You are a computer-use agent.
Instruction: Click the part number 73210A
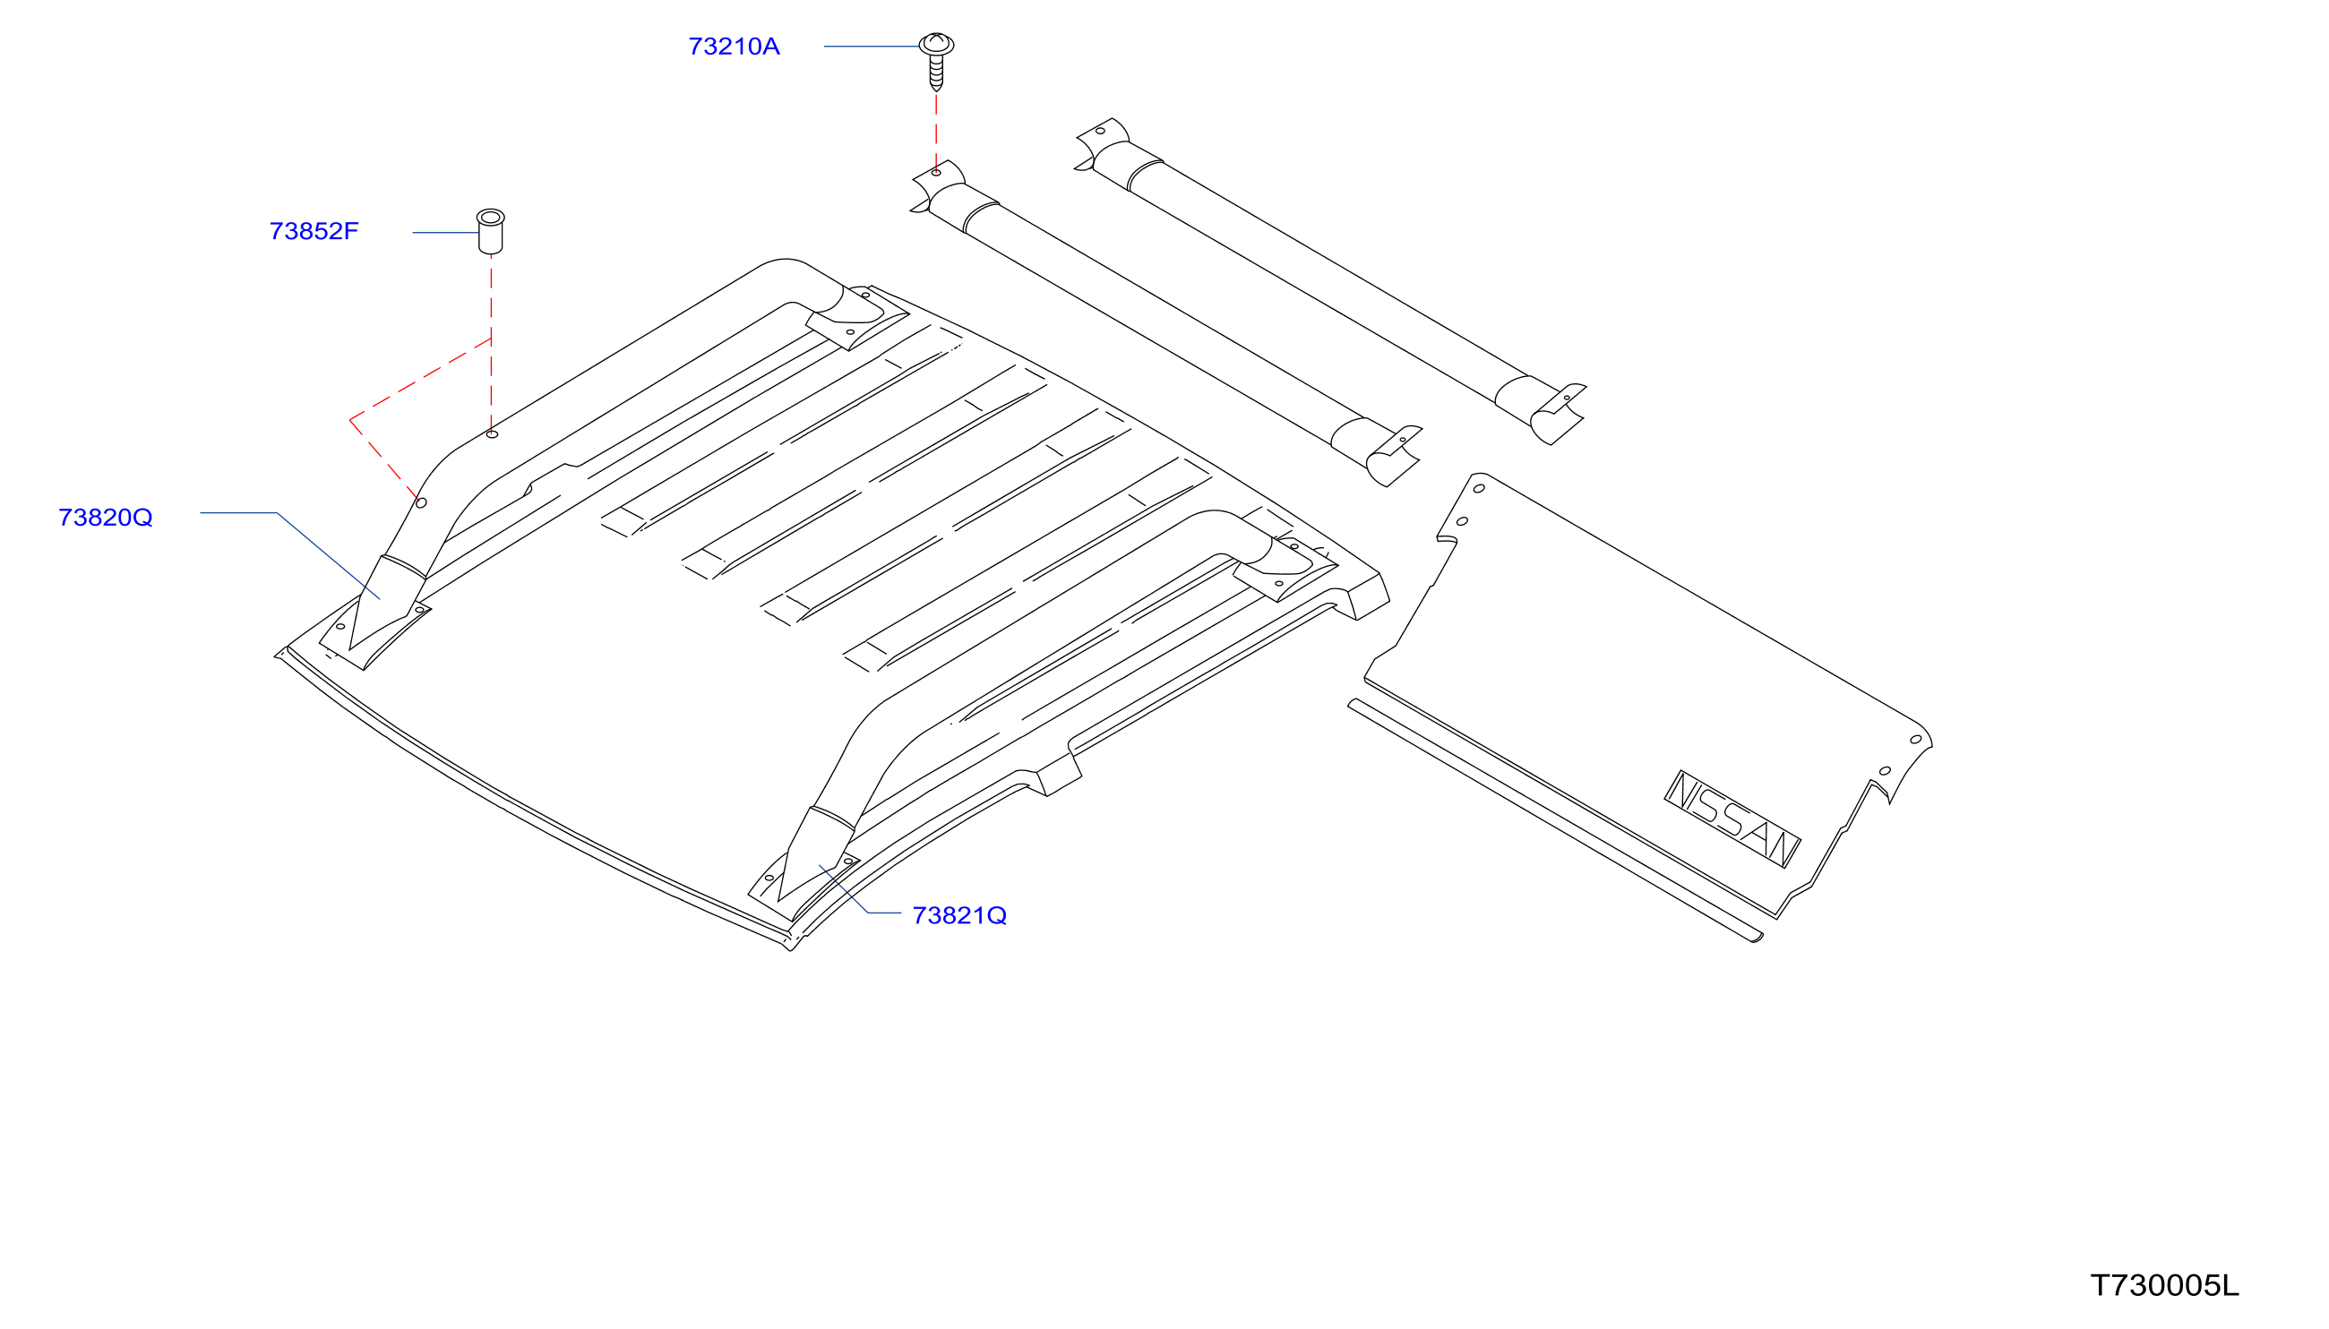[x=733, y=47]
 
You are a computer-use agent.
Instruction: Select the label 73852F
[x=314, y=231]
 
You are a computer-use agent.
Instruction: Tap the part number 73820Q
[x=105, y=518]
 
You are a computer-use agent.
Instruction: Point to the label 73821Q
[x=959, y=914]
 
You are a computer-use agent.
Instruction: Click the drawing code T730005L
[x=2164, y=1285]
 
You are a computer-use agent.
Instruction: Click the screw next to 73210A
[x=936, y=61]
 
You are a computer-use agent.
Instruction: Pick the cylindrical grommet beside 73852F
[x=490, y=232]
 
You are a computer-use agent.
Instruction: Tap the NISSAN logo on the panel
[x=1732, y=819]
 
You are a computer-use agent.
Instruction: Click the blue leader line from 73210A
[x=871, y=46]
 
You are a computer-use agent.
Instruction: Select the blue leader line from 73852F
[x=445, y=233]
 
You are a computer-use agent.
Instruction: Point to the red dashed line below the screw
[x=936, y=130]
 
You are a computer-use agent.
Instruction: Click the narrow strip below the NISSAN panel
[x=1555, y=819]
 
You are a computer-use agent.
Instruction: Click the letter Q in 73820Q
[x=142, y=519]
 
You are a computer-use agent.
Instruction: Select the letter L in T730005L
[x=2230, y=1285]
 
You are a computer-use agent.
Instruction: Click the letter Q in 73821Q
[x=996, y=915]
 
